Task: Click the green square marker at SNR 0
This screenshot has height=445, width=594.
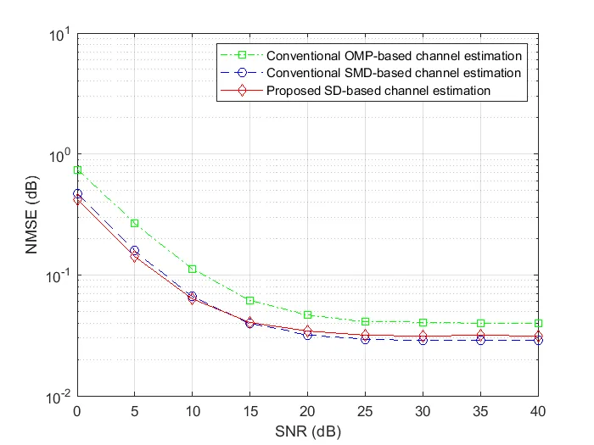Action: pos(77,170)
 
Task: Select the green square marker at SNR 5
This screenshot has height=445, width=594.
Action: pos(135,223)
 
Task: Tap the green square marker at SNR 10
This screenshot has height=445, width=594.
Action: pos(193,269)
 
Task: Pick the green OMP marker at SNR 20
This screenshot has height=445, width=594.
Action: pos(308,314)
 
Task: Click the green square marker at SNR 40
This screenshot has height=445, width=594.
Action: pos(539,323)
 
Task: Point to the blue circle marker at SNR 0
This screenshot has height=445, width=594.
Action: pos(77,193)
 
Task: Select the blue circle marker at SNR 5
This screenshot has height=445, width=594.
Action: pos(135,250)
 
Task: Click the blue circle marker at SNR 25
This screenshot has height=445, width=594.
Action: pos(366,338)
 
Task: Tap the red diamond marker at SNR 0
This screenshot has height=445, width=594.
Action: pos(77,199)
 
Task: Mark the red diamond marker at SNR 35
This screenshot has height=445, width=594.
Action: pos(481,336)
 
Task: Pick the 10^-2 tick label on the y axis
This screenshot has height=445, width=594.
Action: pos(58,396)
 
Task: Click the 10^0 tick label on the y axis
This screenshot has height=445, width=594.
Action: pos(59,156)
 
